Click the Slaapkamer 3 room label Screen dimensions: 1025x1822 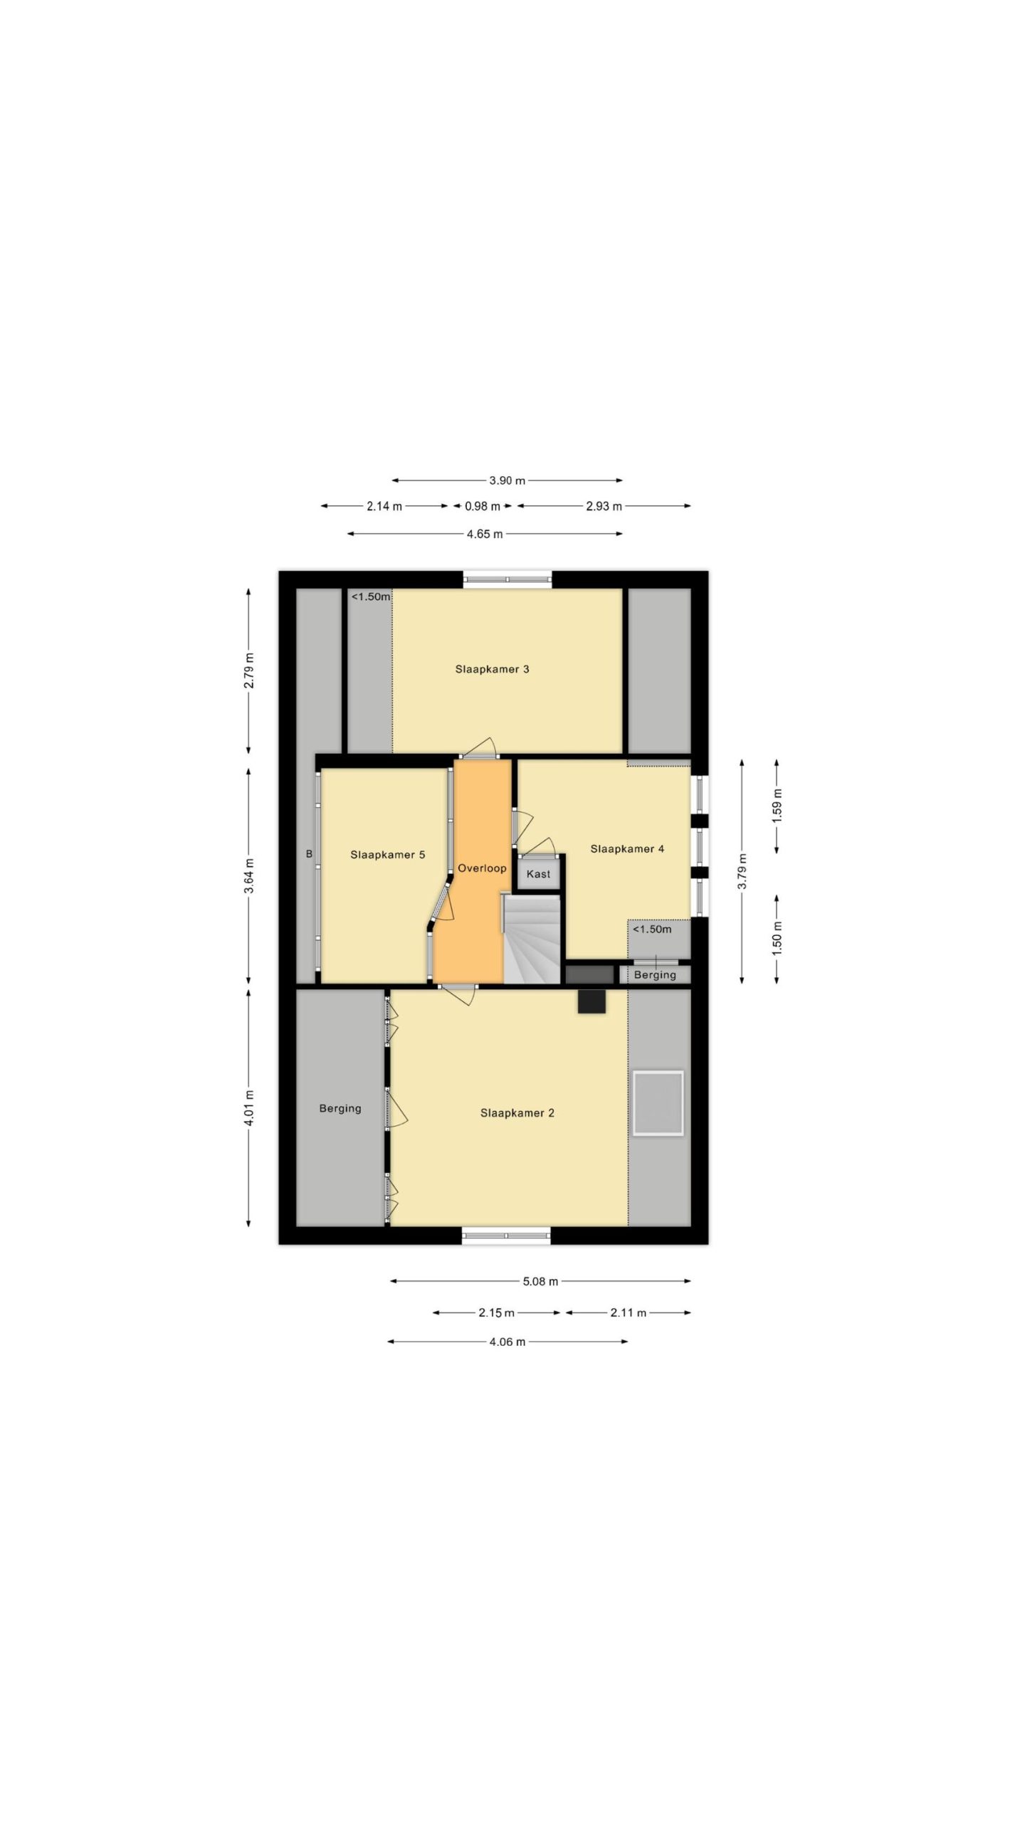tap(492, 669)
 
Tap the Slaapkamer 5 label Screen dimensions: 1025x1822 tap(387, 855)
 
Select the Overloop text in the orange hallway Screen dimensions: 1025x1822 tap(482, 868)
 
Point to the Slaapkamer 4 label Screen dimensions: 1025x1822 tap(627, 848)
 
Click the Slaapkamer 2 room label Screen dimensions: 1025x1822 tap(517, 1113)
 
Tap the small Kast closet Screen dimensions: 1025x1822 tap(538, 873)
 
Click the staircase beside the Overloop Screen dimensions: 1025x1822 tap(532, 939)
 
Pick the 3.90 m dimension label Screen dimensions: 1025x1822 tap(507, 480)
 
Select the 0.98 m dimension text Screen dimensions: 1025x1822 tap(482, 507)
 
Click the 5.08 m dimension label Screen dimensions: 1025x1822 tap(540, 1282)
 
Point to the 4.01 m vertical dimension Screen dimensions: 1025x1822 tap(248, 1108)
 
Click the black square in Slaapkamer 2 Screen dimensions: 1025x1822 tap(592, 1001)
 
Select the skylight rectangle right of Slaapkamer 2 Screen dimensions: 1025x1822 tap(658, 1102)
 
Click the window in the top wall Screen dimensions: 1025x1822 tap(508, 579)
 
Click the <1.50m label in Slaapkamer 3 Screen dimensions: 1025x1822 tap(371, 597)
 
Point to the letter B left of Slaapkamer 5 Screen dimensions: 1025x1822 tap(309, 854)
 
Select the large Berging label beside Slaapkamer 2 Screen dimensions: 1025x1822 tap(340, 1108)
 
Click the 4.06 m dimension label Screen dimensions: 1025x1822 tap(508, 1342)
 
